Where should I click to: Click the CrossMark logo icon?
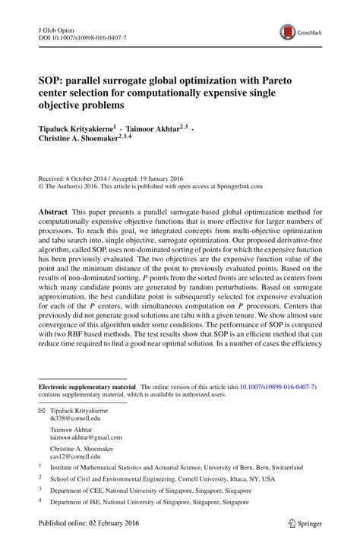[288, 32]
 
